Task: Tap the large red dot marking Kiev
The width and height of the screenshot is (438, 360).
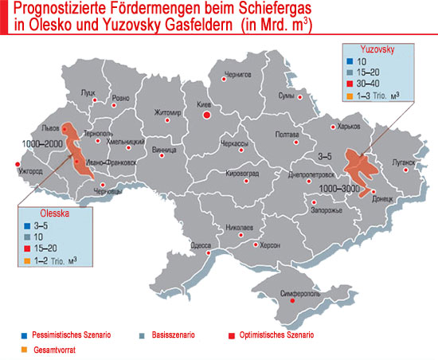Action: click(x=207, y=115)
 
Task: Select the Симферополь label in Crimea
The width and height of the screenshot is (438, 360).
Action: click(x=301, y=293)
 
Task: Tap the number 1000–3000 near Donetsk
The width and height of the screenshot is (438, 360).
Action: click(x=335, y=187)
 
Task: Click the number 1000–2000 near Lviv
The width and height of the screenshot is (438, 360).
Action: click(x=42, y=143)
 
